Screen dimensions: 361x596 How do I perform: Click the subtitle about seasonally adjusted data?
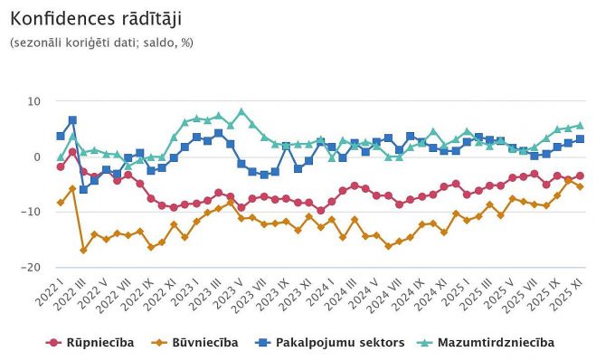(x=101, y=43)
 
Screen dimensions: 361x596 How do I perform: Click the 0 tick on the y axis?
(x=37, y=157)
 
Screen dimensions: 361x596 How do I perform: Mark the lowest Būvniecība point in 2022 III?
(x=83, y=250)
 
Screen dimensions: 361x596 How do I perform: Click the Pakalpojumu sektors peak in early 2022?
(x=72, y=119)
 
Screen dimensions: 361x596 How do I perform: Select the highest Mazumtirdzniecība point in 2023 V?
(x=241, y=112)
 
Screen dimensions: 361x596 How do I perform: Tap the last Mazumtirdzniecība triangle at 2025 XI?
(x=580, y=126)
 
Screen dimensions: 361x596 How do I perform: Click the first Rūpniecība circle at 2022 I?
(x=61, y=166)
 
